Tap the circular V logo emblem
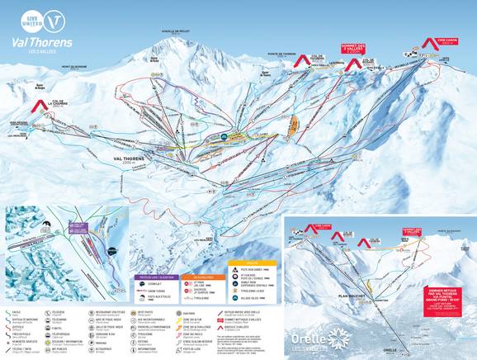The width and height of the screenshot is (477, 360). pyautogui.click(x=53, y=17)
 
